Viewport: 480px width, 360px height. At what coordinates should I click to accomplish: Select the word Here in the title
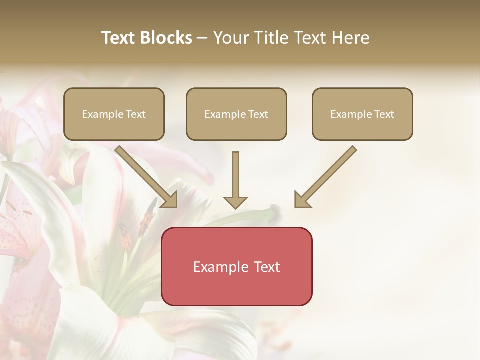(x=351, y=38)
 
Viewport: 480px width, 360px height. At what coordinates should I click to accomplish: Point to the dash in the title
(x=203, y=38)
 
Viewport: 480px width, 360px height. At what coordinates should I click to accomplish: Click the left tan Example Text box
(x=114, y=114)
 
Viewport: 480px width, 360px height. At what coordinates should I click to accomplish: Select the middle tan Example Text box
(x=236, y=114)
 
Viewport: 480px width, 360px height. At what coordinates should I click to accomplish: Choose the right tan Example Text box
(x=362, y=114)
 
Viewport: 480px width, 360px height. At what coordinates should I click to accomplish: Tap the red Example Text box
(x=236, y=266)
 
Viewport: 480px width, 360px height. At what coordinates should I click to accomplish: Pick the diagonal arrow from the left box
(x=145, y=176)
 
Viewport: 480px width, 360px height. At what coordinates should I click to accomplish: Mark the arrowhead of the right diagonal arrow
(x=301, y=200)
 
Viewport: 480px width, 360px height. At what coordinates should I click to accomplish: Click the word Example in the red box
(x=218, y=267)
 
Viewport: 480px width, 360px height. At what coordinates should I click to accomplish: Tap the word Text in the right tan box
(x=384, y=114)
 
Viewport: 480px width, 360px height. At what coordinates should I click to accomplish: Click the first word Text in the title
(x=118, y=38)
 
